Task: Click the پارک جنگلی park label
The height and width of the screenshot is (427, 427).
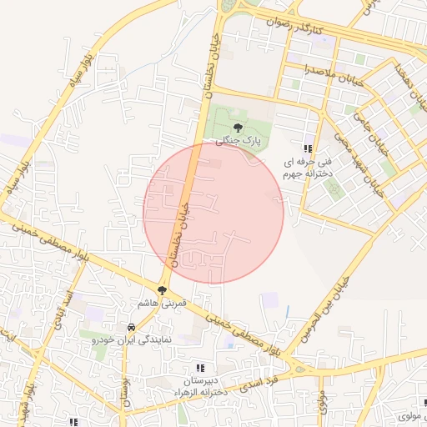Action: [x=239, y=142]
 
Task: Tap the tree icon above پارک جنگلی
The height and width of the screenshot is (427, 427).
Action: [x=239, y=128]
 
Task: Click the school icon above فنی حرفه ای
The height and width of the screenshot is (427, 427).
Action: [x=308, y=148]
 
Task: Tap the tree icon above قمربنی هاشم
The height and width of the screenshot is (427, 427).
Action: [x=162, y=289]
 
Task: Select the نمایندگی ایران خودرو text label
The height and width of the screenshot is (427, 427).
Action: [x=132, y=340]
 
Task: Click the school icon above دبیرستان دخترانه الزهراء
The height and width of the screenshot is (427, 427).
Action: [x=199, y=368]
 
